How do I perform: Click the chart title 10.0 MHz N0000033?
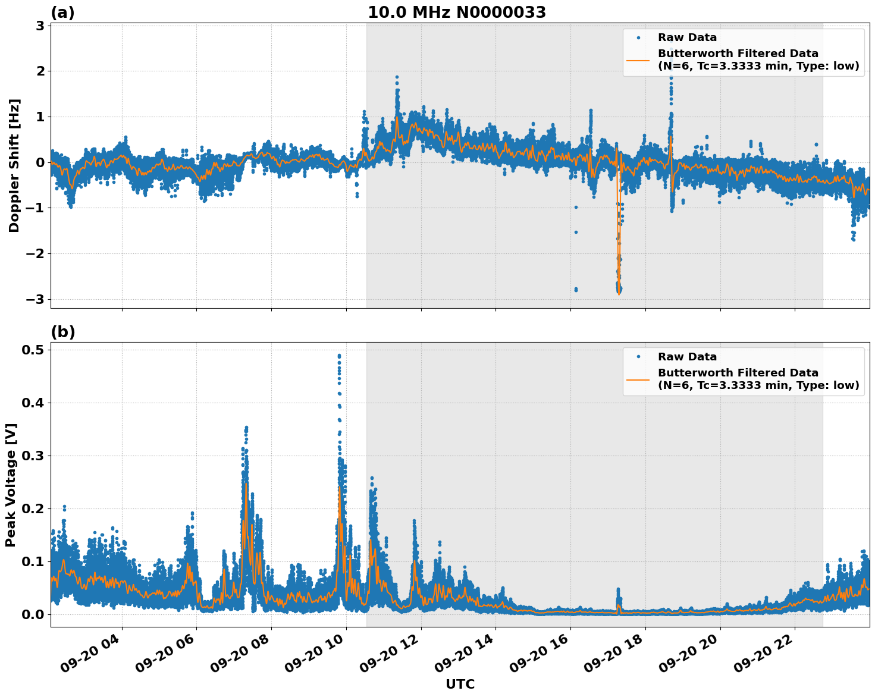pyautogui.click(x=456, y=12)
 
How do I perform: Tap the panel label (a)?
pyautogui.click(x=62, y=12)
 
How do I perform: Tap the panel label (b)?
pyautogui.click(x=62, y=332)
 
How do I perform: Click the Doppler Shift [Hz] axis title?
pyautogui.click(x=14, y=165)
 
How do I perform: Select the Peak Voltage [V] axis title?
pyautogui.click(x=11, y=485)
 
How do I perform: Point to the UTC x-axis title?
pyautogui.click(x=460, y=684)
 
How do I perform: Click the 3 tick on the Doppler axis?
pyautogui.click(x=40, y=26)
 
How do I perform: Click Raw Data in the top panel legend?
pyautogui.click(x=687, y=37)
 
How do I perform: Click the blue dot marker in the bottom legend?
pyautogui.click(x=638, y=357)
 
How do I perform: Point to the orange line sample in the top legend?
pyautogui.click(x=638, y=59)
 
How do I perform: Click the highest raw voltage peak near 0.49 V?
pyautogui.click(x=339, y=356)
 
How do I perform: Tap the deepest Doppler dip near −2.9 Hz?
pyautogui.click(x=619, y=291)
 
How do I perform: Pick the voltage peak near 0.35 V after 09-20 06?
pyautogui.click(x=246, y=428)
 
